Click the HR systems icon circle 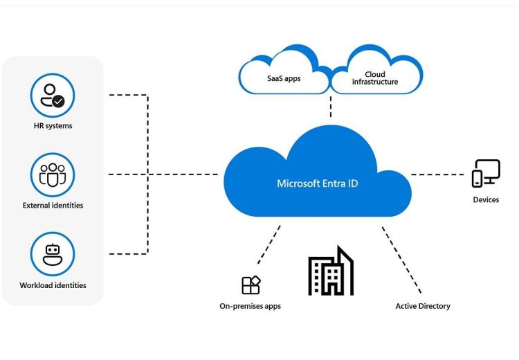(x=53, y=96)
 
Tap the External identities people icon (x=53, y=174)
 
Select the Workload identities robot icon (x=53, y=254)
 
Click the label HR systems (x=53, y=126)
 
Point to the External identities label (x=53, y=206)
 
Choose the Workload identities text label (x=53, y=285)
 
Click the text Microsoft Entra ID (x=318, y=183)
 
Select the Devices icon (x=486, y=173)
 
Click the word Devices (x=486, y=200)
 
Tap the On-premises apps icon (x=251, y=285)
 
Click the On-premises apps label (x=251, y=306)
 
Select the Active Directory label (x=423, y=306)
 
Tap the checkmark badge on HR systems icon (x=59, y=101)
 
